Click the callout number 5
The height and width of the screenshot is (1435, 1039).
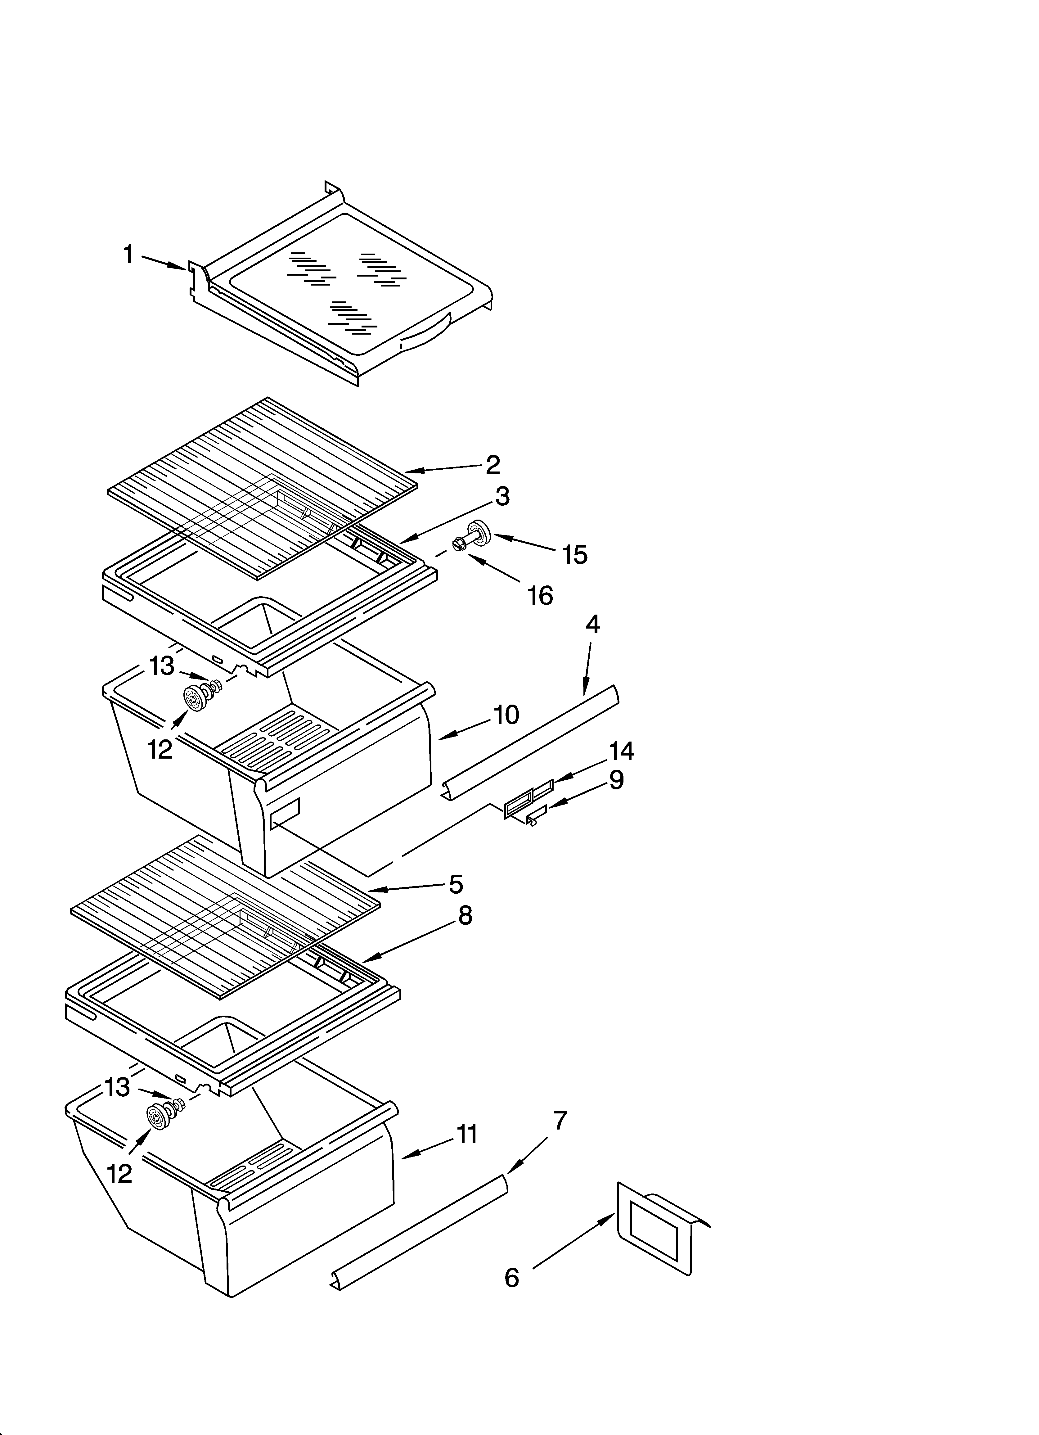456,884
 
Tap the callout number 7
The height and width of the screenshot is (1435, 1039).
560,1120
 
